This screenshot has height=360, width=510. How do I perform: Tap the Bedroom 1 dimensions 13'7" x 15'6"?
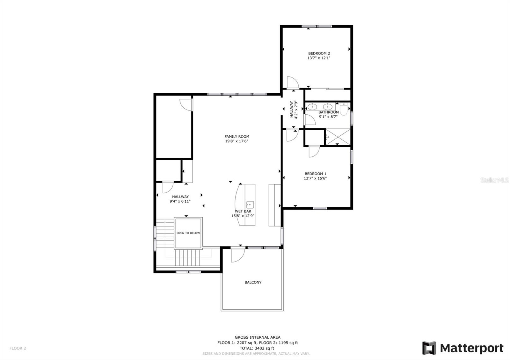click(x=315, y=178)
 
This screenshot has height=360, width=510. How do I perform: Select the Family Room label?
click(x=237, y=137)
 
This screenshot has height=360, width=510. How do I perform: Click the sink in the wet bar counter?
click(x=250, y=204)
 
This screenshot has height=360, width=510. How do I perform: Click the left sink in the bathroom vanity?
click(x=312, y=106)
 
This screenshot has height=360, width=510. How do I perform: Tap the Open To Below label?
click(x=188, y=233)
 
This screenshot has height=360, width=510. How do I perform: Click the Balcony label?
click(x=253, y=282)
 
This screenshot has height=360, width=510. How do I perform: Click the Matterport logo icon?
click(x=429, y=348)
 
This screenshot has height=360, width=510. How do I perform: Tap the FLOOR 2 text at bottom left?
click(x=18, y=348)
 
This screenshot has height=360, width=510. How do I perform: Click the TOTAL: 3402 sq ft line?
click(x=257, y=348)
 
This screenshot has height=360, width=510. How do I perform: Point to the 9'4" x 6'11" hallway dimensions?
click(x=180, y=201)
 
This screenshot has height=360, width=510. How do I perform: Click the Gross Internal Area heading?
click(x=257, y=337)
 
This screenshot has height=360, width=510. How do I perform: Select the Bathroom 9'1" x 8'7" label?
click(x=328, y=114)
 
